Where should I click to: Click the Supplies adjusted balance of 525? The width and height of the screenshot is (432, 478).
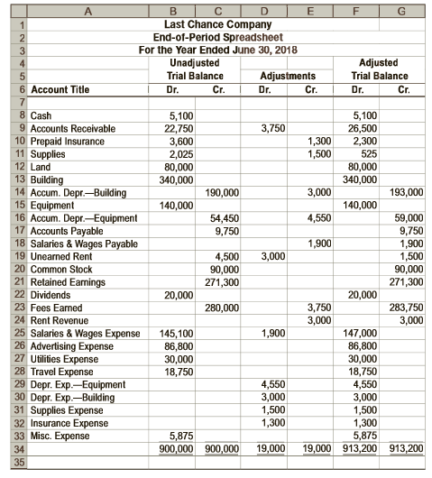(x=361, y=153)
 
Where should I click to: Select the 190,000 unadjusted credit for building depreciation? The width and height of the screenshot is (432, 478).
(x=223, y=192)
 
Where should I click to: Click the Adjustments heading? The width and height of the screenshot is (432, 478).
(x=288, y=77)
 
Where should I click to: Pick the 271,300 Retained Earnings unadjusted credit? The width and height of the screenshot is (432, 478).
(x=223, y=281)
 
